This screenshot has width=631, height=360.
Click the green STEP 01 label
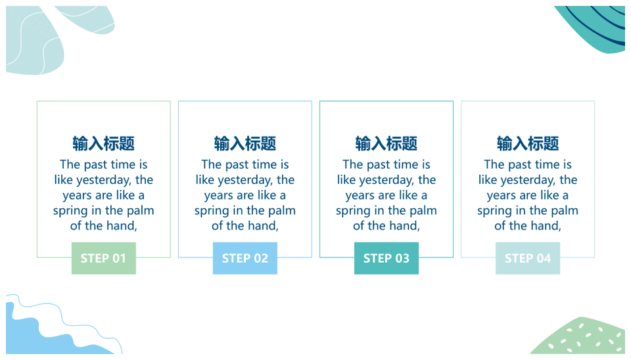pos(103,258)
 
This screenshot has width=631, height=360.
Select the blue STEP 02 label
pos(245,258)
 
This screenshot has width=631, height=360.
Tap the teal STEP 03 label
pos(386,258)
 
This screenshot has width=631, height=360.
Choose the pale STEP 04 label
pos(528,258)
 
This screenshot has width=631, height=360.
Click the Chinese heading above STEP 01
pos(103,144)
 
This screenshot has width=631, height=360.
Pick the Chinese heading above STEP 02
pos(245,144)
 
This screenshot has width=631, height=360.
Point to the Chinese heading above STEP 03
pos(386,144)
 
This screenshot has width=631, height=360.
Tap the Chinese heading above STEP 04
pos(528,144)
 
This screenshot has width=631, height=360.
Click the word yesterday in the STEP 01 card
pos(105,180)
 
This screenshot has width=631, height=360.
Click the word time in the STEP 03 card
pos(406,164)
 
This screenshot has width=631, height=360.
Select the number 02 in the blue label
pos(261,258)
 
